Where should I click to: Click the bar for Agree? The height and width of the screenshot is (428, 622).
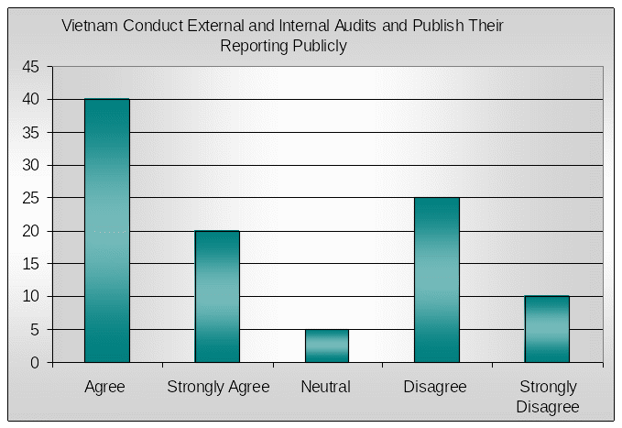(107, 230)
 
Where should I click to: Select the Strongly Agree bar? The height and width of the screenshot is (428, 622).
(217, 296)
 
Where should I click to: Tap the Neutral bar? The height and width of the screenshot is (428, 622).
(327, 346)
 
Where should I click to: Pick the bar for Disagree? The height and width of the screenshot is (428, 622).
(437, 280)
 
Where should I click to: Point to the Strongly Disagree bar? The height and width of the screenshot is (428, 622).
(547, 329)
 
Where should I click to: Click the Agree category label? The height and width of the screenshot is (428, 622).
(104, 387)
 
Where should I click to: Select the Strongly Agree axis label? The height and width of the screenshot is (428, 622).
(218, 387)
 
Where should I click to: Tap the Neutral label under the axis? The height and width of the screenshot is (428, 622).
(325, 387)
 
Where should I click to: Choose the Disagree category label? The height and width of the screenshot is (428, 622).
(435, 387)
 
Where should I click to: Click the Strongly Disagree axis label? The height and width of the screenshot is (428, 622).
(548, 396)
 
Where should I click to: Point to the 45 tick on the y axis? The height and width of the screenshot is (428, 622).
(31, 67)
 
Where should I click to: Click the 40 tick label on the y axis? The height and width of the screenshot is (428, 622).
(31, 100)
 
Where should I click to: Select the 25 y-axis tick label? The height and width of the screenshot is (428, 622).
(31, 198)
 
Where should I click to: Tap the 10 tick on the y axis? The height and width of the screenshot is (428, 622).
(31, 297)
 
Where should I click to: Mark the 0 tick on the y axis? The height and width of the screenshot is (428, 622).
(35, 363)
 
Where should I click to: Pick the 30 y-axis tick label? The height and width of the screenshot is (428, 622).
(31, 165)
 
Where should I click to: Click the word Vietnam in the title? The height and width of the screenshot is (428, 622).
(88, 26)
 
